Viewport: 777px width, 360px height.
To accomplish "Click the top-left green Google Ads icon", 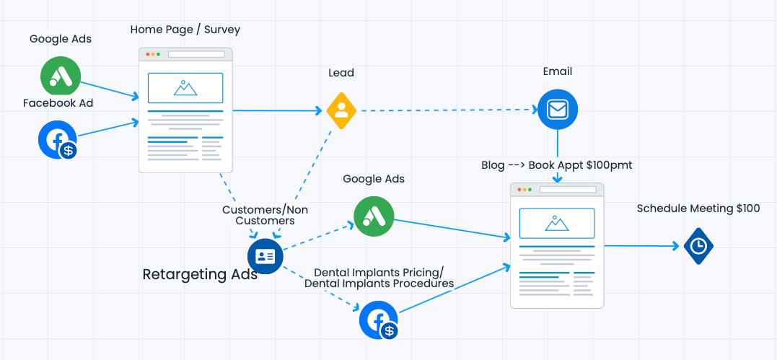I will [x=61, y=76].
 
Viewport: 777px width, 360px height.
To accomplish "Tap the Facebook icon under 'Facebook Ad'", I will [x=58, y=139].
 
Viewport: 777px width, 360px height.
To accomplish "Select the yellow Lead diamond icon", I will [x=341, y=110].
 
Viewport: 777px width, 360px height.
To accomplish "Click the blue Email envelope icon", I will [x=558, y=110].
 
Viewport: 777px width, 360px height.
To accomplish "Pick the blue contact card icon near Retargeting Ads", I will [x=265, y=256].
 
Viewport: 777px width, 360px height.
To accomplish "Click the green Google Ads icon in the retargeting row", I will [x=374, y=216].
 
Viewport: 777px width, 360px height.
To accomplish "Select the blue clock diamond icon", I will [x=698, y=246].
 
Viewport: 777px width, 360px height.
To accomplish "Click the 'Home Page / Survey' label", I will [x=185, y=30].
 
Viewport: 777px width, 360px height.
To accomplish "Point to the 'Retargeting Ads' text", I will [x=200, y=274].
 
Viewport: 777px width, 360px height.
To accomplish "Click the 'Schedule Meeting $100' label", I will [x=698, y=208].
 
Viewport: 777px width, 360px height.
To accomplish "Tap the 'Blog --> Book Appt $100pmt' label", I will [x=556, y=165].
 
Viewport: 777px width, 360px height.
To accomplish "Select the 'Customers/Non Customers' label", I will [x=265, y=215].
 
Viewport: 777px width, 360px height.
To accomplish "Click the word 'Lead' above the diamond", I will [x=341, y=73].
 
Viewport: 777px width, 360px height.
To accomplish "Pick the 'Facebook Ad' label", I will [x=58, y=103].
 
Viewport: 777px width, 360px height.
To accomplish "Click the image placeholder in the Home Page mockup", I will [x=185, y=87].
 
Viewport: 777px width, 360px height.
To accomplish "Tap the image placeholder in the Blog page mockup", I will [x=557, y=223].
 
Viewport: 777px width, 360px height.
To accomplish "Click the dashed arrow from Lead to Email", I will [x=447, y=110].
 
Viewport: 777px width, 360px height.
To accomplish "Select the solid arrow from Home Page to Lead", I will [x=278, y=110].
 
